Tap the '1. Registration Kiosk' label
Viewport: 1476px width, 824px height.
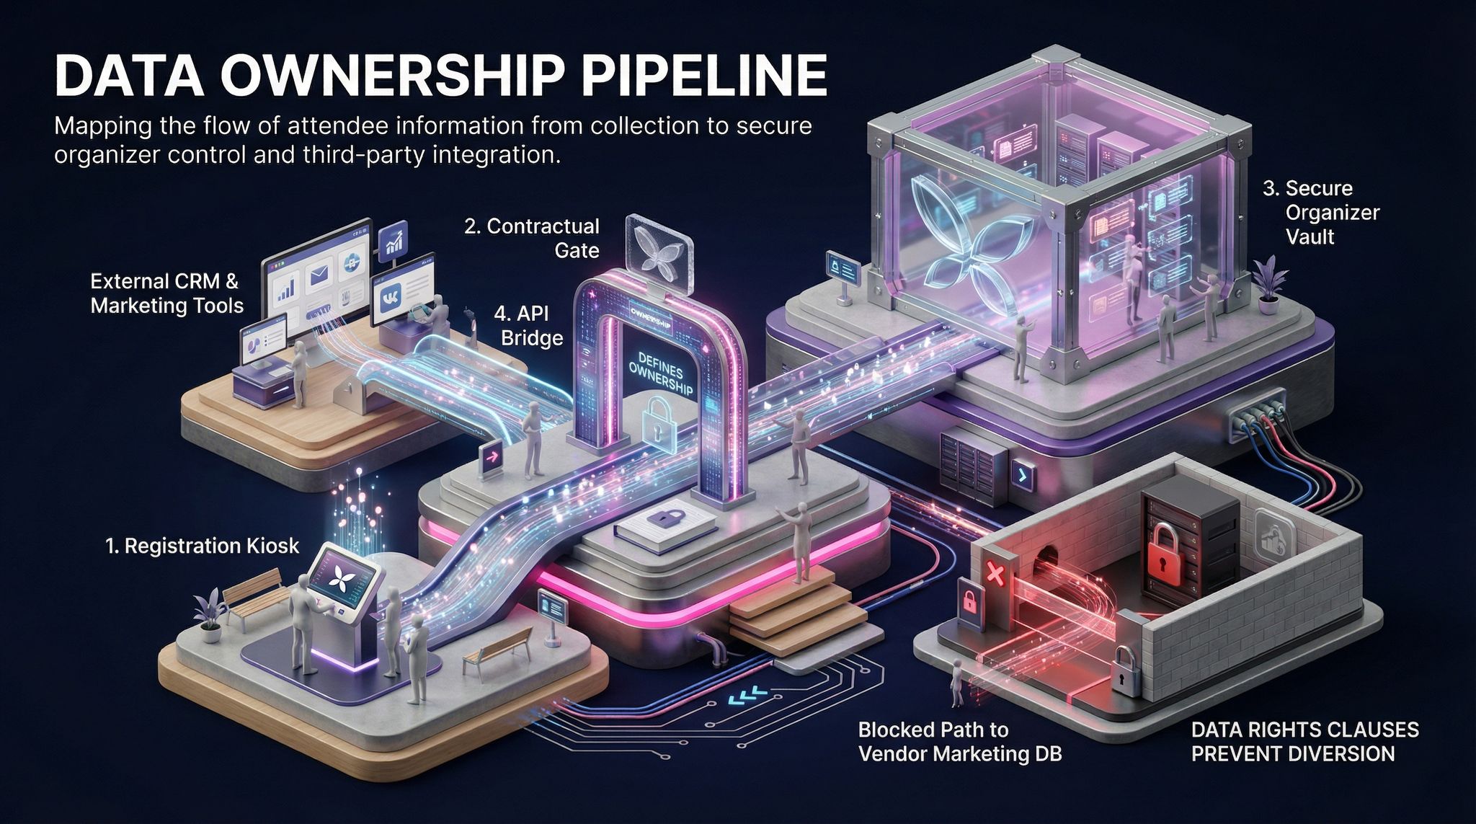pyautogui.click(x=202, y=546)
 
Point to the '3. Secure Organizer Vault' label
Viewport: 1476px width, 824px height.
pyautogui.click(x=1320, y=213)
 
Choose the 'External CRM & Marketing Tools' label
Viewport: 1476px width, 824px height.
pyautogui.click(x=166, y=293)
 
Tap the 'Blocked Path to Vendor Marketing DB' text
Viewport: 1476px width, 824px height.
pyautogui.click(x=959, y=741)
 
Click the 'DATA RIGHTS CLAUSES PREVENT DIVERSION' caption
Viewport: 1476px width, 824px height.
pyautogui.click(x=1304, y=741)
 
